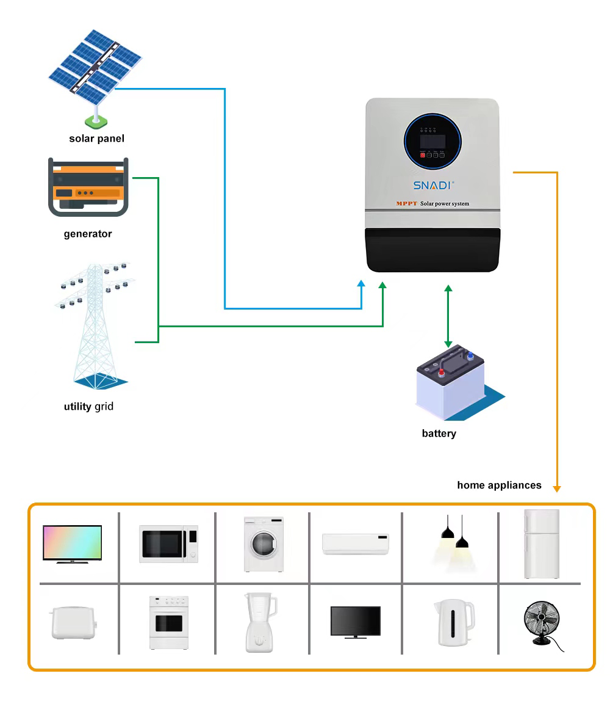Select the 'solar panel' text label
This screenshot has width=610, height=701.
[x=96, y=139]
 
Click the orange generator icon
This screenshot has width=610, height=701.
[x=88, y=187]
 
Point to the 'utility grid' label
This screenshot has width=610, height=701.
[x=88, y=407]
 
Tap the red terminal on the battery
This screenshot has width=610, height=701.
[x=440, y=371]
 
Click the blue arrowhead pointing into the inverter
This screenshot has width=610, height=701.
[x=362, y=285]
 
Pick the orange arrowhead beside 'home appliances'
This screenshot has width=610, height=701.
[x=556, y=488]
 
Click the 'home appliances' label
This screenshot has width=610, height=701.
[x=499, y=485]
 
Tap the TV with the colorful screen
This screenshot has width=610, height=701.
[x=72, y=542]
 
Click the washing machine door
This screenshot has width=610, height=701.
[x=263, y=542]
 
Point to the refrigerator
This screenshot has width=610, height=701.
[x=541, y=543]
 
